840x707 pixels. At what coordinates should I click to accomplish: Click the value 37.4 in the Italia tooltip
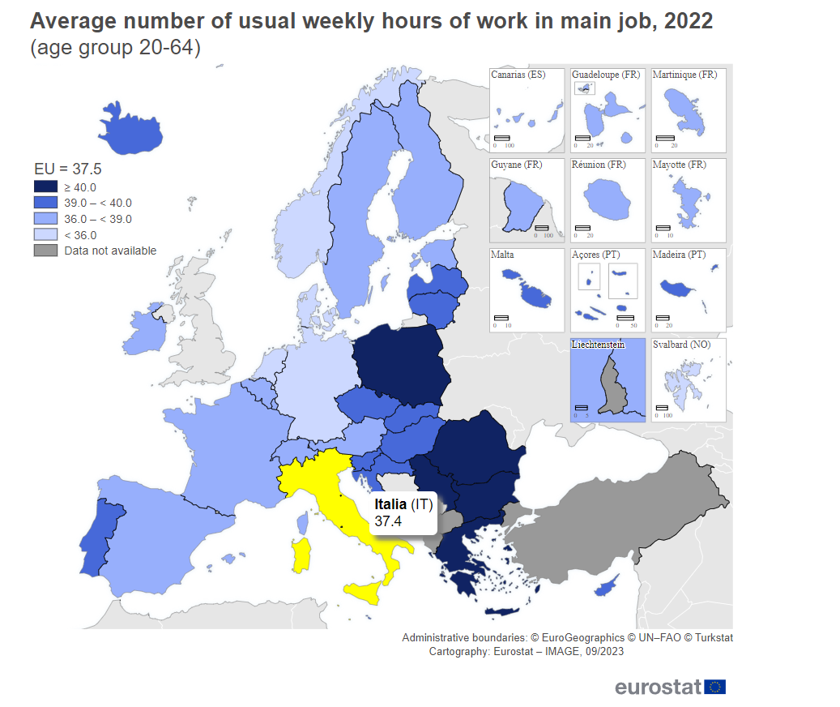tap(388, 521)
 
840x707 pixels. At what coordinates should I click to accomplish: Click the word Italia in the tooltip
tap(390, 504)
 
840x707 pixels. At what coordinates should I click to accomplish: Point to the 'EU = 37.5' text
tap(67, 169)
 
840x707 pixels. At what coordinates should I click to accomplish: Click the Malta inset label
tap(502, 255)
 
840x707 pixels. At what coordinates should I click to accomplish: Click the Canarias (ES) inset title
tap(518, 75)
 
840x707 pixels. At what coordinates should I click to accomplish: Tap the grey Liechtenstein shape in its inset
tap(613, 386)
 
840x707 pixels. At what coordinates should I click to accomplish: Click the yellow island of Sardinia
tap(302, 556)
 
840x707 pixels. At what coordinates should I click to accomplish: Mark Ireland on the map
tap(143, 332)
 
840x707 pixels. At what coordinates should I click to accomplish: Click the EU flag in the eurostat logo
tap(715, 687)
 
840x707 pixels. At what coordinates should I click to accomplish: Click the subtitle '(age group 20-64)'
tap(115, 49)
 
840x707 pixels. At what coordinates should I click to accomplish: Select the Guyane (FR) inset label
tap(516, 165)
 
